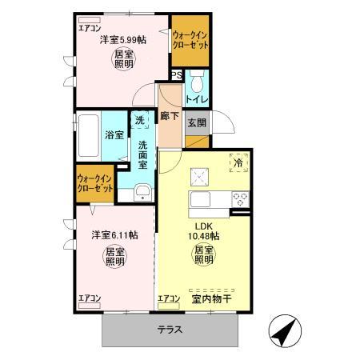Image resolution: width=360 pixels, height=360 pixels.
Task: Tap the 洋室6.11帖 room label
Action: (x=113, y=235)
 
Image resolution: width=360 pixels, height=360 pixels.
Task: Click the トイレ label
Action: (x=198, y=99)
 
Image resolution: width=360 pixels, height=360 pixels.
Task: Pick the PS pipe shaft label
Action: (x=177, y=77)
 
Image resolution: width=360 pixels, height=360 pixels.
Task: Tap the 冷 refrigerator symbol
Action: (x=238, y=162)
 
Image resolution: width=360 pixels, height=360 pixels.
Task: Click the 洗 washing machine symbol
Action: (x=141, y=122)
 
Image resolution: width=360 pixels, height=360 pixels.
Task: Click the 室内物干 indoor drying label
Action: (x=211, y=299)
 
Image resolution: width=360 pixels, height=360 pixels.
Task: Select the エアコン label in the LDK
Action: (x=170, y=299)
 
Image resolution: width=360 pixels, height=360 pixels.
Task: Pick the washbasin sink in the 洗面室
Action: (x=142, y=192)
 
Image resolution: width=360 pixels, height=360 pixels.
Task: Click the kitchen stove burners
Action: (x=238, y=198)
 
